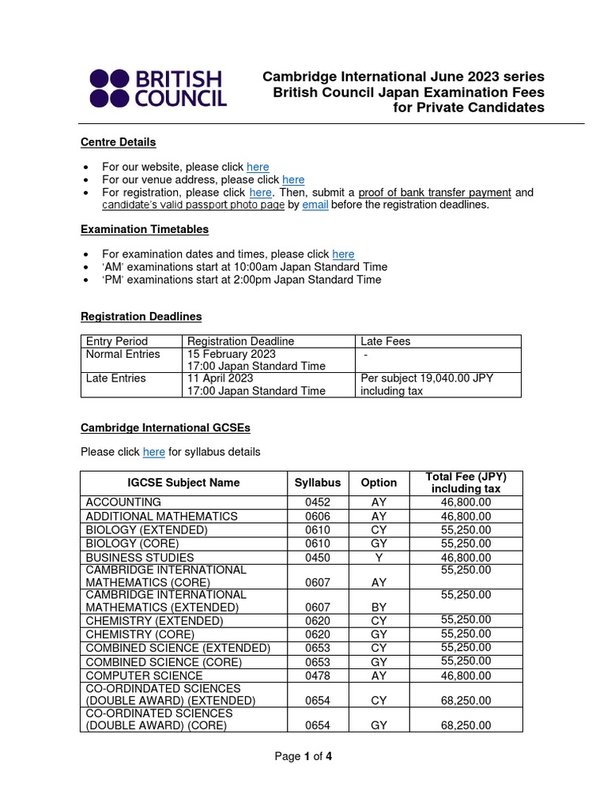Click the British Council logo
(x=158, y=88)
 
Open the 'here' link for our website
(x=258, y=167)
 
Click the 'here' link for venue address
(x=293, y=179)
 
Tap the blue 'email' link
(x=315, y=205)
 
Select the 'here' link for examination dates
(x=343, y=254)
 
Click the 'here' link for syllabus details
(x=154, y=452)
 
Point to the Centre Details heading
(x=119, y=142)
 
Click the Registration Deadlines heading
(x=141, y=316)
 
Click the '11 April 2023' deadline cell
(x=220, y=378)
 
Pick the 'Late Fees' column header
(x=386, y=341)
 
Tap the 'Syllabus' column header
(x=318, y=483)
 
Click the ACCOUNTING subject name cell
(x=124, y=502)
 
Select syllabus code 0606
(x=318, y=516)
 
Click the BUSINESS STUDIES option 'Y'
(x=379, y=557)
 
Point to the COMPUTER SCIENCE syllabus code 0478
(x=318, y=675)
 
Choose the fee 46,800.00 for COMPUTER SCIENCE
(x=466, y=675)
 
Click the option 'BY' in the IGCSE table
(x=379, y=608)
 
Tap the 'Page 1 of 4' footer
(x=303, y=756)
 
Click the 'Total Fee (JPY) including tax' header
(x=466, y=483)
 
